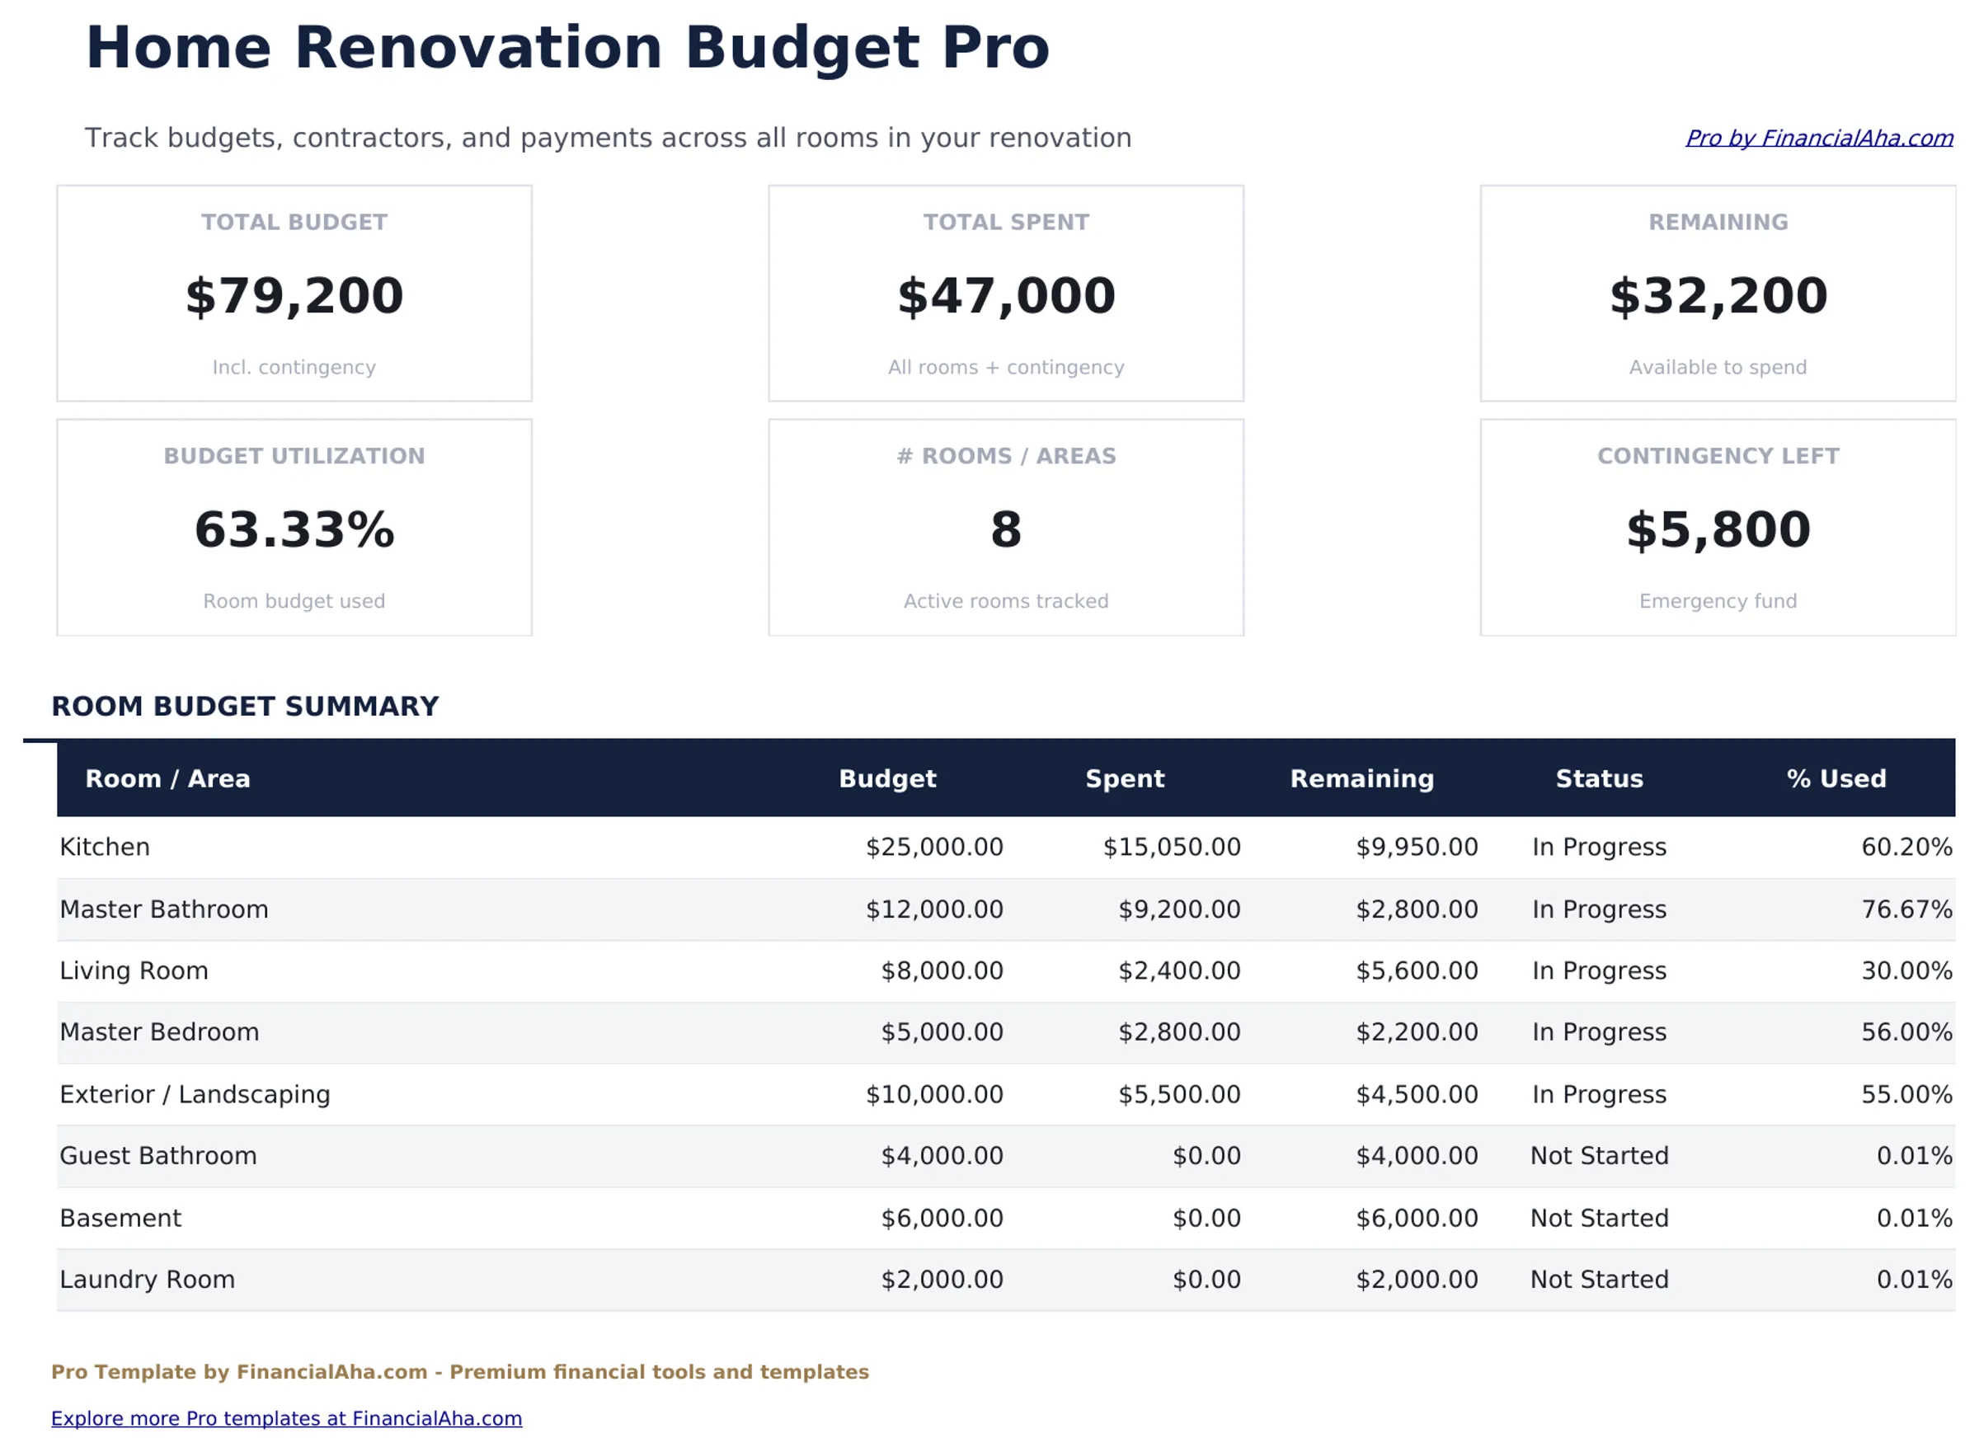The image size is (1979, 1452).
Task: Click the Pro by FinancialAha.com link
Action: pyautogui.click(x=1817, y=138)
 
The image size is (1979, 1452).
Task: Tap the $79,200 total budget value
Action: pyautogui.click(x=294, y=295)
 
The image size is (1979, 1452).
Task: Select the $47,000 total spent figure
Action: pyautogui.click(x=1005, y=295)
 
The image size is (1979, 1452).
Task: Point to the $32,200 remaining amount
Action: pyautogui.click(x=1717, y=295)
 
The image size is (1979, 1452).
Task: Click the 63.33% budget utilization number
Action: pyautogui.click(x=294, y=529)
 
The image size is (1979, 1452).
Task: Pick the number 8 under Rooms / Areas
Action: pyautogui.click(x=1005, y=529)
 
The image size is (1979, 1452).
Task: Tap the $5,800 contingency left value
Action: pyautogui.click(x=1717, y=529)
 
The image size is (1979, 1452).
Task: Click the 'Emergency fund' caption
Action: pyautogui.click(x=1717, y=601)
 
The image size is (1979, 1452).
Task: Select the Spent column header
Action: pyautogui.click(x=1124, y=778)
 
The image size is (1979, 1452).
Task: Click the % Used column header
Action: pyautogui.click(x=1836, y=778)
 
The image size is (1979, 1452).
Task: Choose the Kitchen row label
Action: pyautogui.click(x=105, y=848)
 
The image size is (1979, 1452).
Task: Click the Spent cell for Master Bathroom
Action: pyautogui.click(x=1178, y=909)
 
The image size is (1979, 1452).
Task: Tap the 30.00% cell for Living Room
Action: pyautogui.click(x=1905, y=970)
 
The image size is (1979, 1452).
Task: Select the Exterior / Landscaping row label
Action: pyautogui.click(x=195, y=1094)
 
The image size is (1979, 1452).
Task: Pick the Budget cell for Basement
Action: pyautogui.click(x=941, y=1218)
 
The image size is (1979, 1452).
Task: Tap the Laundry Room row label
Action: pyautogui.click(x=148, y=1280)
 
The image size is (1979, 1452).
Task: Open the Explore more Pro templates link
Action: pyautogui.click(x=286, y=1418)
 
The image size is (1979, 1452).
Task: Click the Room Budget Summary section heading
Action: pyautogui.click(x=245, y=707)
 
